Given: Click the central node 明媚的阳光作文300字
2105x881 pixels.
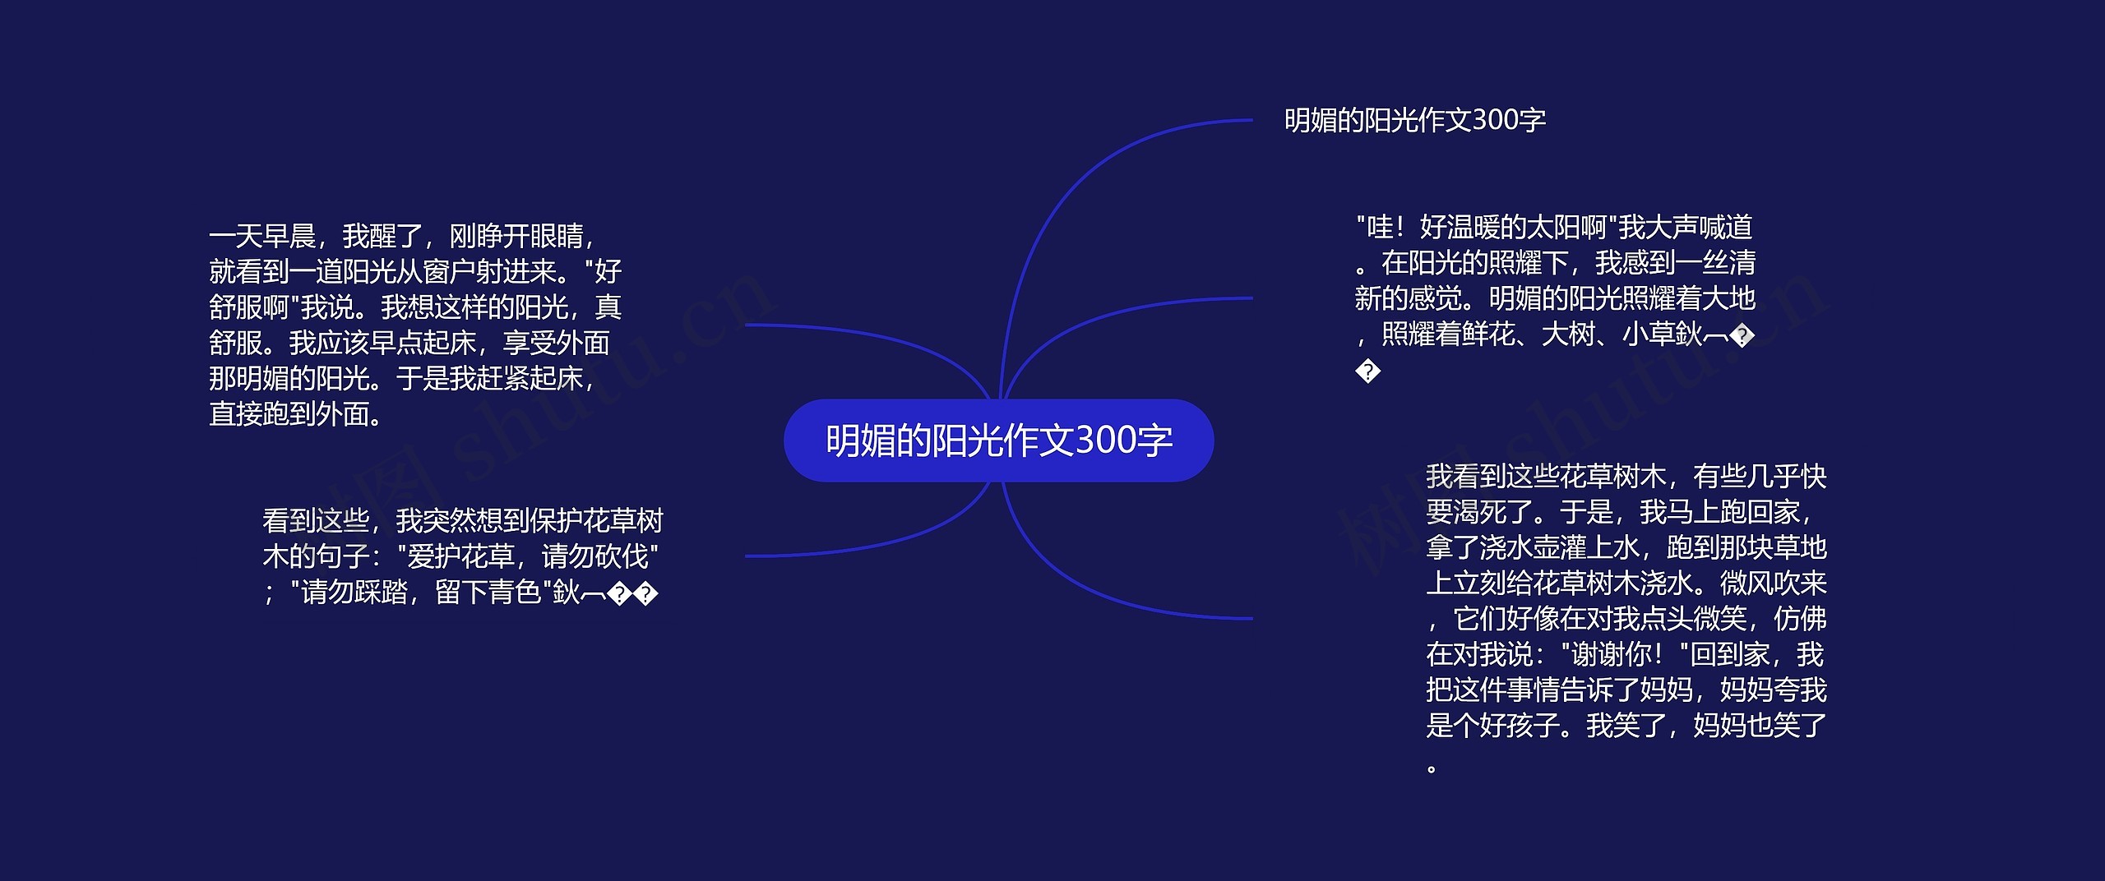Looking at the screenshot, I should click(998, 441).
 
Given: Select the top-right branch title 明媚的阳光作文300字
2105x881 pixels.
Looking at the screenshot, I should click(1414, 121).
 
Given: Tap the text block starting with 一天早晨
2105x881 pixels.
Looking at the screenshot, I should click(415, 325).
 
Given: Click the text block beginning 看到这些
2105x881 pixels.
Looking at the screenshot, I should click(462, 556).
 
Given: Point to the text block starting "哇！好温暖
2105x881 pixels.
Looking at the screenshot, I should click(1554, 298).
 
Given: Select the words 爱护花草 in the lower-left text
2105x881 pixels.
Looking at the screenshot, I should click(460, 557).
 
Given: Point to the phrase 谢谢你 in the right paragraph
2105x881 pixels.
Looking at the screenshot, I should click(1611, 655).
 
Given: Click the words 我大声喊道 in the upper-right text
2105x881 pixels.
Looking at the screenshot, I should click(1686, 228).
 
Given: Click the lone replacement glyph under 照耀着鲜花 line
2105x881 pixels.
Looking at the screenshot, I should click(1367, 371).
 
